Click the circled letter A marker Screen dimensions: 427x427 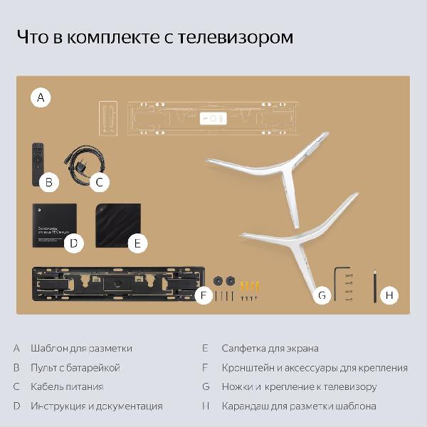(41, 97)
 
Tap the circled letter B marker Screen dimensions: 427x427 (48, 182)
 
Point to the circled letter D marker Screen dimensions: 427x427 (73, 243)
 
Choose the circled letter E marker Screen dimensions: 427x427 (137, 243)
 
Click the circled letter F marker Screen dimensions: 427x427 (204, 295)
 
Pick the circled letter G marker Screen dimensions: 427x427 (322, 295)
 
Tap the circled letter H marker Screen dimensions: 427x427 (389, 295)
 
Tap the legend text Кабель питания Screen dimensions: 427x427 (67, 386)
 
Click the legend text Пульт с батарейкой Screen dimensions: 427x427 (75, 367)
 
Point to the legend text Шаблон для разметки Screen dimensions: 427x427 (81, 348)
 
